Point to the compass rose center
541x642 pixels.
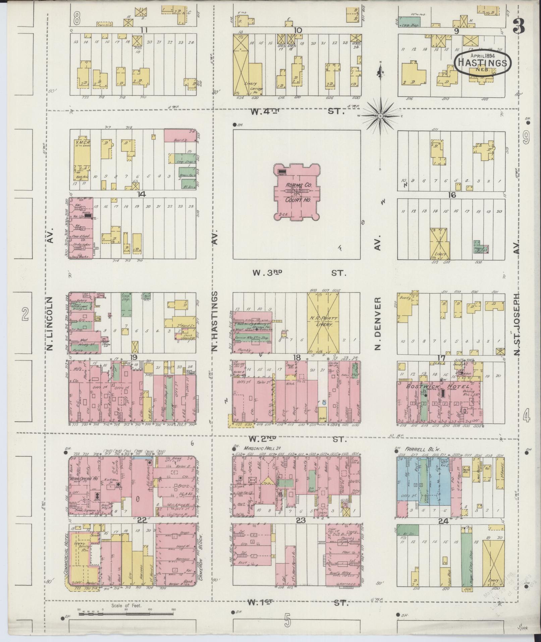pos(381,116)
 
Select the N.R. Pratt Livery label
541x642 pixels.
pos(323,321)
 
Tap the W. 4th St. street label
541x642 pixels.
pos(297,111)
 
